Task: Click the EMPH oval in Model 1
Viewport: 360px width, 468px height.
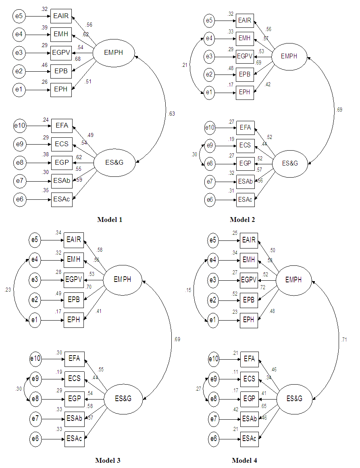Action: pyautogui.click(x=114, y=53)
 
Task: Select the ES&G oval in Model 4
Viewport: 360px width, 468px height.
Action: pyautogui.click(x=294, y=398)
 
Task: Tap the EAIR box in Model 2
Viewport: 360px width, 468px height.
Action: pyautogui.click(x=244, y=21)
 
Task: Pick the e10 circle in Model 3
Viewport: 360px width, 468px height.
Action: pyautogui.click(x=35, y=358)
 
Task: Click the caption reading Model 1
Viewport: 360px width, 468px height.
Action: pyautogui.click(x=109, y=220)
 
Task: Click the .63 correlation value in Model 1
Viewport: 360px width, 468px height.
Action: pyautogui.click(x=172, y=114)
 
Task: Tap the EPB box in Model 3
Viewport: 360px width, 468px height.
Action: pyautogui.click(x=74, y=300)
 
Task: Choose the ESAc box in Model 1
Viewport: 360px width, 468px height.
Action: pyautogui.click(x=62, y=199)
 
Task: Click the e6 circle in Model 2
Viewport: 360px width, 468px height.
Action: pyautogui.click(x=209, y=199)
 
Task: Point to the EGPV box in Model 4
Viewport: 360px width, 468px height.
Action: pyautogui.click(x=249, y=280)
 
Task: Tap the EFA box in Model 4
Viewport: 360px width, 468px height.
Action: pyautogui.click(x=249, y=358)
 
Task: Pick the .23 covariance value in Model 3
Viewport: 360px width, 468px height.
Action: pyautogui.click(x=8, y=289)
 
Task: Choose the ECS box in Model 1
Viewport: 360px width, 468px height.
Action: pyautogui.click(x=62, y=144)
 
